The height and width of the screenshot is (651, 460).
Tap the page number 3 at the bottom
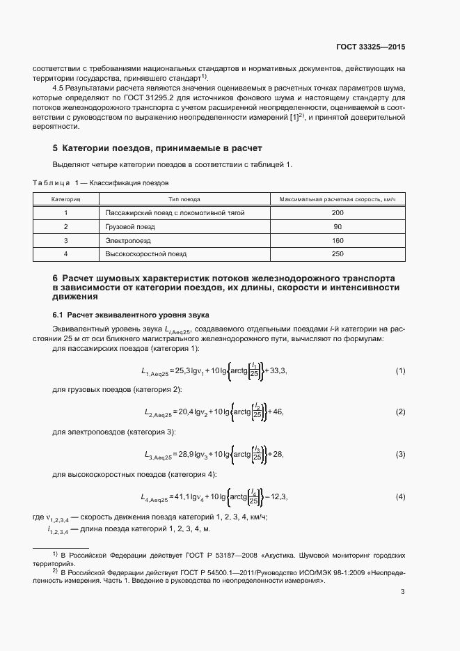(x=403, y=593)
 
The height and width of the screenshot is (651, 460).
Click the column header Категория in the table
(x=66, y=198)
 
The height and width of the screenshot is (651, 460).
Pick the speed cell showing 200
(x=338, y=212)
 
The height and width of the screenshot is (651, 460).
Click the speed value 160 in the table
(x=338, y=240)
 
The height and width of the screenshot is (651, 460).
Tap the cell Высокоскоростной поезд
(x=147, y=254)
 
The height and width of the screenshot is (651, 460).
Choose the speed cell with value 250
(x=338, y=254)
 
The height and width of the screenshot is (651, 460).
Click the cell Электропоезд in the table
(x=127, y=240)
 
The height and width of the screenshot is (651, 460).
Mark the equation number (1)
(x=400, y=371)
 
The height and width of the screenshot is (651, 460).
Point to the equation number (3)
(x=400, y=455)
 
